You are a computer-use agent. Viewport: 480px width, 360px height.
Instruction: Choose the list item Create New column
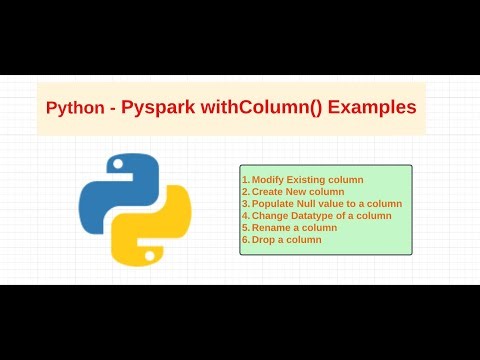(297, 191)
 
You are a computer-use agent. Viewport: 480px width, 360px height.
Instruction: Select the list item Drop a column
(286, 239)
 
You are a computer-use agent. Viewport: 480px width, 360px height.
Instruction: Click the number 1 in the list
(244, 179)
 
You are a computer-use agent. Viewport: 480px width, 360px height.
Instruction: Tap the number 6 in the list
(245, 239)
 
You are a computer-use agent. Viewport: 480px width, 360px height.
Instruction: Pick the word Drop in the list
(263, 239)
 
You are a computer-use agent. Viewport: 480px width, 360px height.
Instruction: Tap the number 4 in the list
(245, 215)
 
